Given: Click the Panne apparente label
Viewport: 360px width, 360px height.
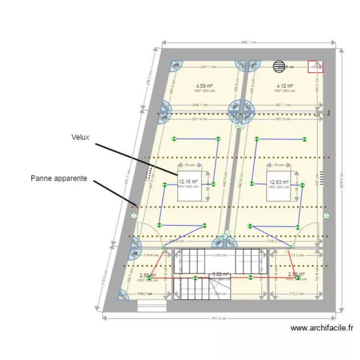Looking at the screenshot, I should tap(59, 178).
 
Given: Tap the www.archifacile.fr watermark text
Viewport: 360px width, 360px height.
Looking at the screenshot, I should tap(322, 328).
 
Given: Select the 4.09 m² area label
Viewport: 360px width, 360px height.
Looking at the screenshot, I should tap(204, 86).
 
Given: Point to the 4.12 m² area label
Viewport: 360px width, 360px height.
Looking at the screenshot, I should tap(285, 86).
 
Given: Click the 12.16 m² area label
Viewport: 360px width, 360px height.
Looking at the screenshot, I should tap(188, 182).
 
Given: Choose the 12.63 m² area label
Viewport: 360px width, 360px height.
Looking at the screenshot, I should tap(279, 182).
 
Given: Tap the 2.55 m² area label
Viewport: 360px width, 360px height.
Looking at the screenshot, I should tap(147, 276).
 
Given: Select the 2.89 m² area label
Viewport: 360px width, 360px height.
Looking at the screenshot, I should tap(296, 275).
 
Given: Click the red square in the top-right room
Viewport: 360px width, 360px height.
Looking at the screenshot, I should tap(315, 67).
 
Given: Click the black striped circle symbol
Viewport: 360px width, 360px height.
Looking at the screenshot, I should tap(279, 67).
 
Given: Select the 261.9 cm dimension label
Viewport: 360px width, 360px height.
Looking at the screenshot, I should tap(283, 119).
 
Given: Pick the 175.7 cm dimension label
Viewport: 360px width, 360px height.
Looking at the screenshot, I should tap(145, 294).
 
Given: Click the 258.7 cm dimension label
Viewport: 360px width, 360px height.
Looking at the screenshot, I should tap(200, 105).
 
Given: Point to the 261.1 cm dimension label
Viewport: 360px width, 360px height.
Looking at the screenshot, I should tap(283, 105).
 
